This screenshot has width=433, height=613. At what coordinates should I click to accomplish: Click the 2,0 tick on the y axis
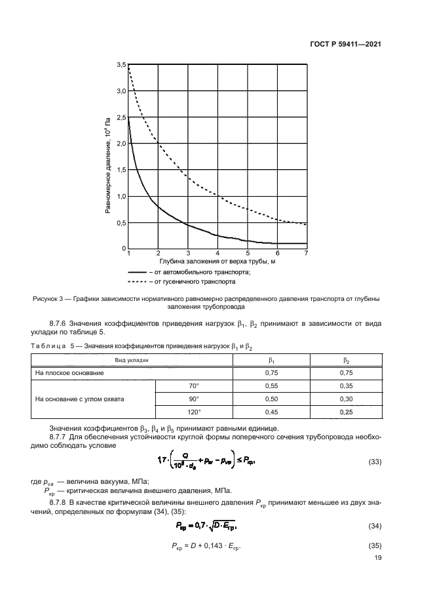[121, 144]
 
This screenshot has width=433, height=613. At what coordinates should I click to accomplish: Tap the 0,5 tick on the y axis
[121, 223]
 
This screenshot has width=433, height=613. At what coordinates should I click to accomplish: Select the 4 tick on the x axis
[217, 253]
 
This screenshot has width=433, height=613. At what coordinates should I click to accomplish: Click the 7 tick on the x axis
[306, 253]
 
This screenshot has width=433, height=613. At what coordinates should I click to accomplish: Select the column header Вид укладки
[132, 360]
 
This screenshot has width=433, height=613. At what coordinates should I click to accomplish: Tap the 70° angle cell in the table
[193, 386]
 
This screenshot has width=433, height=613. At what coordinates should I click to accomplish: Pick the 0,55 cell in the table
[271, 386]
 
